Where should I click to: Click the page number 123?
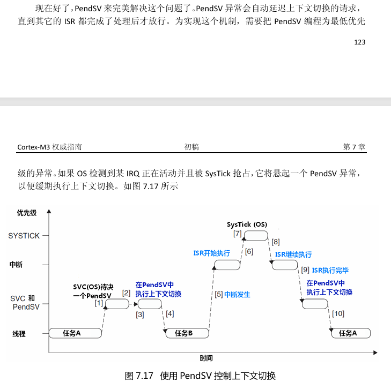pos(360,42)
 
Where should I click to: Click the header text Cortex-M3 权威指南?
pos(49,147)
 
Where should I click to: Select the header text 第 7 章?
pos(355,147)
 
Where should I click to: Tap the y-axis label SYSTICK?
pos(24,236)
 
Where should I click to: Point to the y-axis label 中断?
pos(17,265)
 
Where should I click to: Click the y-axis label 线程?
pos(19,333)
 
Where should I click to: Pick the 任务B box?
pos(183,333)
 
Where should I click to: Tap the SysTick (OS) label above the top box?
pos(247,224)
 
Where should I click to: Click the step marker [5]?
pos(218,294)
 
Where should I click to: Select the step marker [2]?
pos(126,293)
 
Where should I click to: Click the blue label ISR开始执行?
pos(211,253)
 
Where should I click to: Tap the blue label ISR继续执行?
pos(293,255)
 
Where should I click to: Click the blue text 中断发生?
pos(237,294)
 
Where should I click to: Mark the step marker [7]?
pos(237,234)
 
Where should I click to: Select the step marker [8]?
pos(276,242)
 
